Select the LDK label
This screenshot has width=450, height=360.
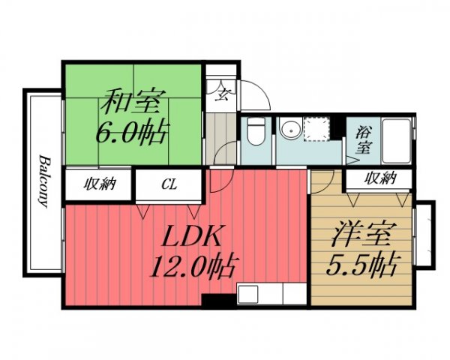pos(191,238)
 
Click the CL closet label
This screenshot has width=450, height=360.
pos(169,184)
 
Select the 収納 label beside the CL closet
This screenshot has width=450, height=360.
pos(100,184)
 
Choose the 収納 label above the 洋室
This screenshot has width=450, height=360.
pos(379,178)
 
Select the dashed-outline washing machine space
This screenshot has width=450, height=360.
pos(318,130)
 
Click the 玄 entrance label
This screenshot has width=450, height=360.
pos(223,94)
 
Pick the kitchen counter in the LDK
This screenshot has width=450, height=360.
pos(271,294)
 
